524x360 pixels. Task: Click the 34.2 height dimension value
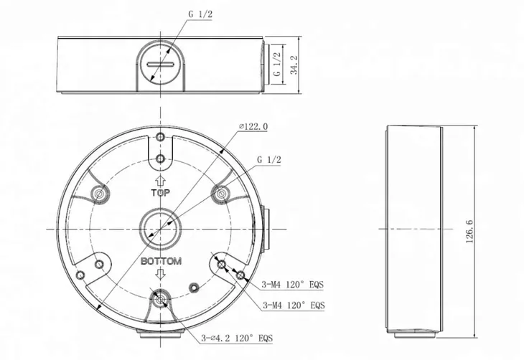(294, 65)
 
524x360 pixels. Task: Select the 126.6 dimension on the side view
(469, 231)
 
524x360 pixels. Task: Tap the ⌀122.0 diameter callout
(253, 126)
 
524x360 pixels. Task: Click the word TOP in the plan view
(161, 193)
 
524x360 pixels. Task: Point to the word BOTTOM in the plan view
(161, 261)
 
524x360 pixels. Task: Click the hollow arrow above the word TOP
(161, 181)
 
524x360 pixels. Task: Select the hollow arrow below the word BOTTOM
(161, 274)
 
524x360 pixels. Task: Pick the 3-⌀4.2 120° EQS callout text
(237, 338)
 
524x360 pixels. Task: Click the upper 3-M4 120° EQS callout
(293, 285)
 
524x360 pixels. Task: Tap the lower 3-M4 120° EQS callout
(294, 305)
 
